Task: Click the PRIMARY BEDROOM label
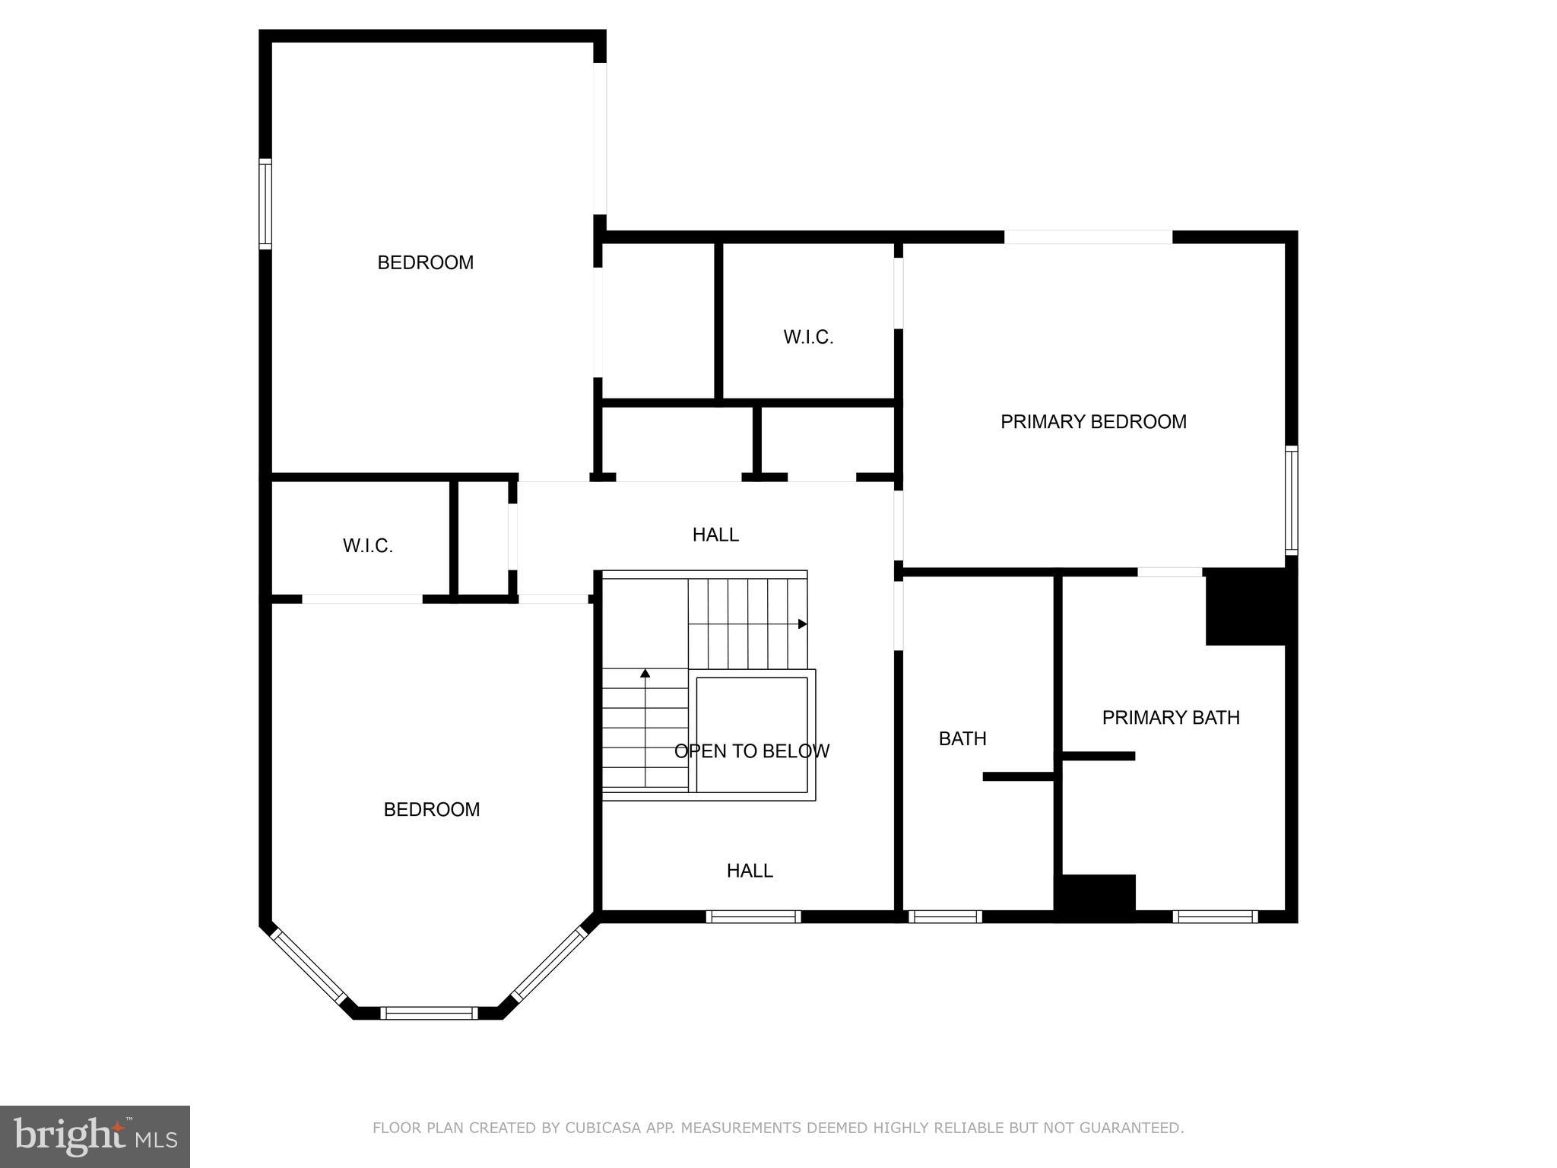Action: (1092, 421)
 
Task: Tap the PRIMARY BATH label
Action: (1170, 717)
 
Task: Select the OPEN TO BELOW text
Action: (751, 751)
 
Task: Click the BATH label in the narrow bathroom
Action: (962, 738)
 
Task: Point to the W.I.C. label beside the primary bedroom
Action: (808, 337)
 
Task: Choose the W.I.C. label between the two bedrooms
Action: (367, 545)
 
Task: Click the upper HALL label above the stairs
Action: (715, 535)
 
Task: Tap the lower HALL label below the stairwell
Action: (749, 871)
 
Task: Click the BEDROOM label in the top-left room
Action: (425, 262)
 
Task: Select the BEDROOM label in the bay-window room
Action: (431, 809)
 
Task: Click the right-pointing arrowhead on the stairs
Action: (802, 624)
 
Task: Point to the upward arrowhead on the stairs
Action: (645, 673)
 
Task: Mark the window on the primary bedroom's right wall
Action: (1291, 500)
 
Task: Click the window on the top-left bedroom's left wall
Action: (265, 203)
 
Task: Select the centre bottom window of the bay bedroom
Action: (429, 1012)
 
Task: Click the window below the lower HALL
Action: (753, 916)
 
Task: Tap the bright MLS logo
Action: (94, 1136)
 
